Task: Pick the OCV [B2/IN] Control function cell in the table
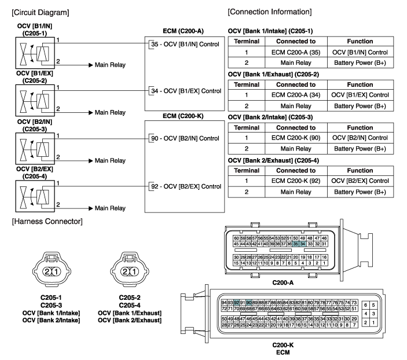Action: click(x=360, y=138)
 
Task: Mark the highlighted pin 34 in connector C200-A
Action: click(x=302, y=244)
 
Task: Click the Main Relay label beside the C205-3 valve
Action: click(x=110, y=160)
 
